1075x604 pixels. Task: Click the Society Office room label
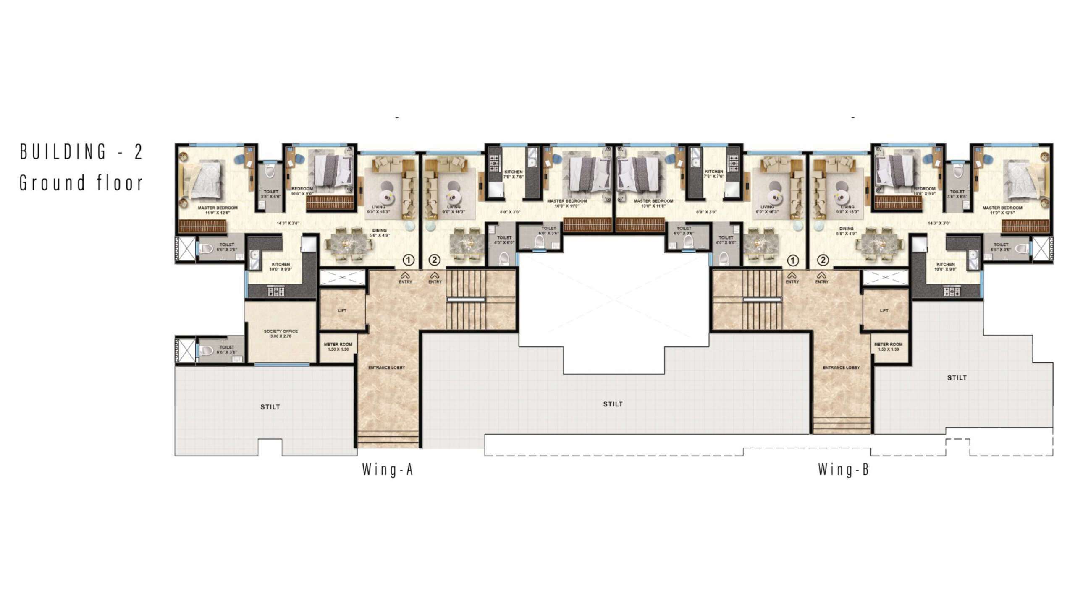tap(281, 333)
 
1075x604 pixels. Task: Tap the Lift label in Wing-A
tap(342, 311)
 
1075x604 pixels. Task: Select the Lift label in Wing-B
tap(884, 311)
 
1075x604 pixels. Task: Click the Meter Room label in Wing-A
tap(338, 346)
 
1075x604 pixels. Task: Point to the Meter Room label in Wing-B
tap(888, 346)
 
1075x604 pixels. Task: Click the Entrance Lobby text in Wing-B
tap(841, 367)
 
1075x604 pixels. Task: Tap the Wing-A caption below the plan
tap(388, 469)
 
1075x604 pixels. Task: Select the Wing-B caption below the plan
tap(843, 469)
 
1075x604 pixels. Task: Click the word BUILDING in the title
tap(63, 151)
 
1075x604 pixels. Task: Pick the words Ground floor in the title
tap(81, 183)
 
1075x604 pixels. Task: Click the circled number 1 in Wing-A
tap(408, 260)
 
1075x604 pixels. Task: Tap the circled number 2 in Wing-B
tap(823, 260)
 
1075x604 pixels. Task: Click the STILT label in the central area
tap(613, 404)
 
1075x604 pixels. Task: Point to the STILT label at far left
tap(270, 406)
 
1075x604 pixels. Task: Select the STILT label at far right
tap(957, 377)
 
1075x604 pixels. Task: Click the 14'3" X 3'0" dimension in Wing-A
tap(288, 223)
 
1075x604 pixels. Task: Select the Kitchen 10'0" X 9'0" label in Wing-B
tap(945, 267)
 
